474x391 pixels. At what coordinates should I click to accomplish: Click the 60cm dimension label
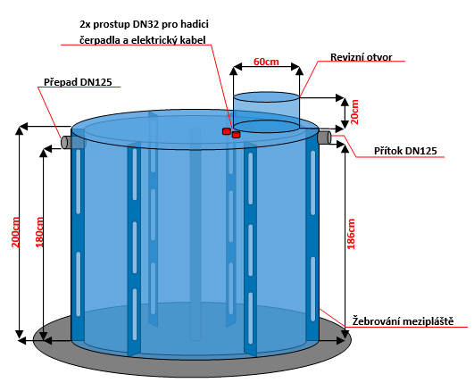point(266,62)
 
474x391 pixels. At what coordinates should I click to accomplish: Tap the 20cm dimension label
point(354,112)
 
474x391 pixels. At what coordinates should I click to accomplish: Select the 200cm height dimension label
point(15,232)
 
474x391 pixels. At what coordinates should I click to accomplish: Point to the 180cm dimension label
point(39,232)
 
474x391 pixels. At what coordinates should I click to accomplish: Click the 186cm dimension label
point(351,234)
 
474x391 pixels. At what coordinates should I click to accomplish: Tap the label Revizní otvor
point(361,57)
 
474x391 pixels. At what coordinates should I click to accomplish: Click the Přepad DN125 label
point(78,82)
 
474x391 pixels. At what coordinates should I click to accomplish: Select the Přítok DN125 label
point(405,151)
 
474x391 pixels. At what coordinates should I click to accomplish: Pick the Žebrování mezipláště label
point(403,320)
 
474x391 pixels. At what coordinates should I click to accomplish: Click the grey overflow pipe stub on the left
point(67,142)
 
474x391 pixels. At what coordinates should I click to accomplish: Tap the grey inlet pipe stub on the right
point(325,137)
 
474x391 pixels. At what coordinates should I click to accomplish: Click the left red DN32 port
point(227,131)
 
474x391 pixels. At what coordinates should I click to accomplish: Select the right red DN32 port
point(236,134)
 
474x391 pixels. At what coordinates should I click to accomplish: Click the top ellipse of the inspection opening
point(266,96)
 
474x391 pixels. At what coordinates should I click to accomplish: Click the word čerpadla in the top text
point(99,40)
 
